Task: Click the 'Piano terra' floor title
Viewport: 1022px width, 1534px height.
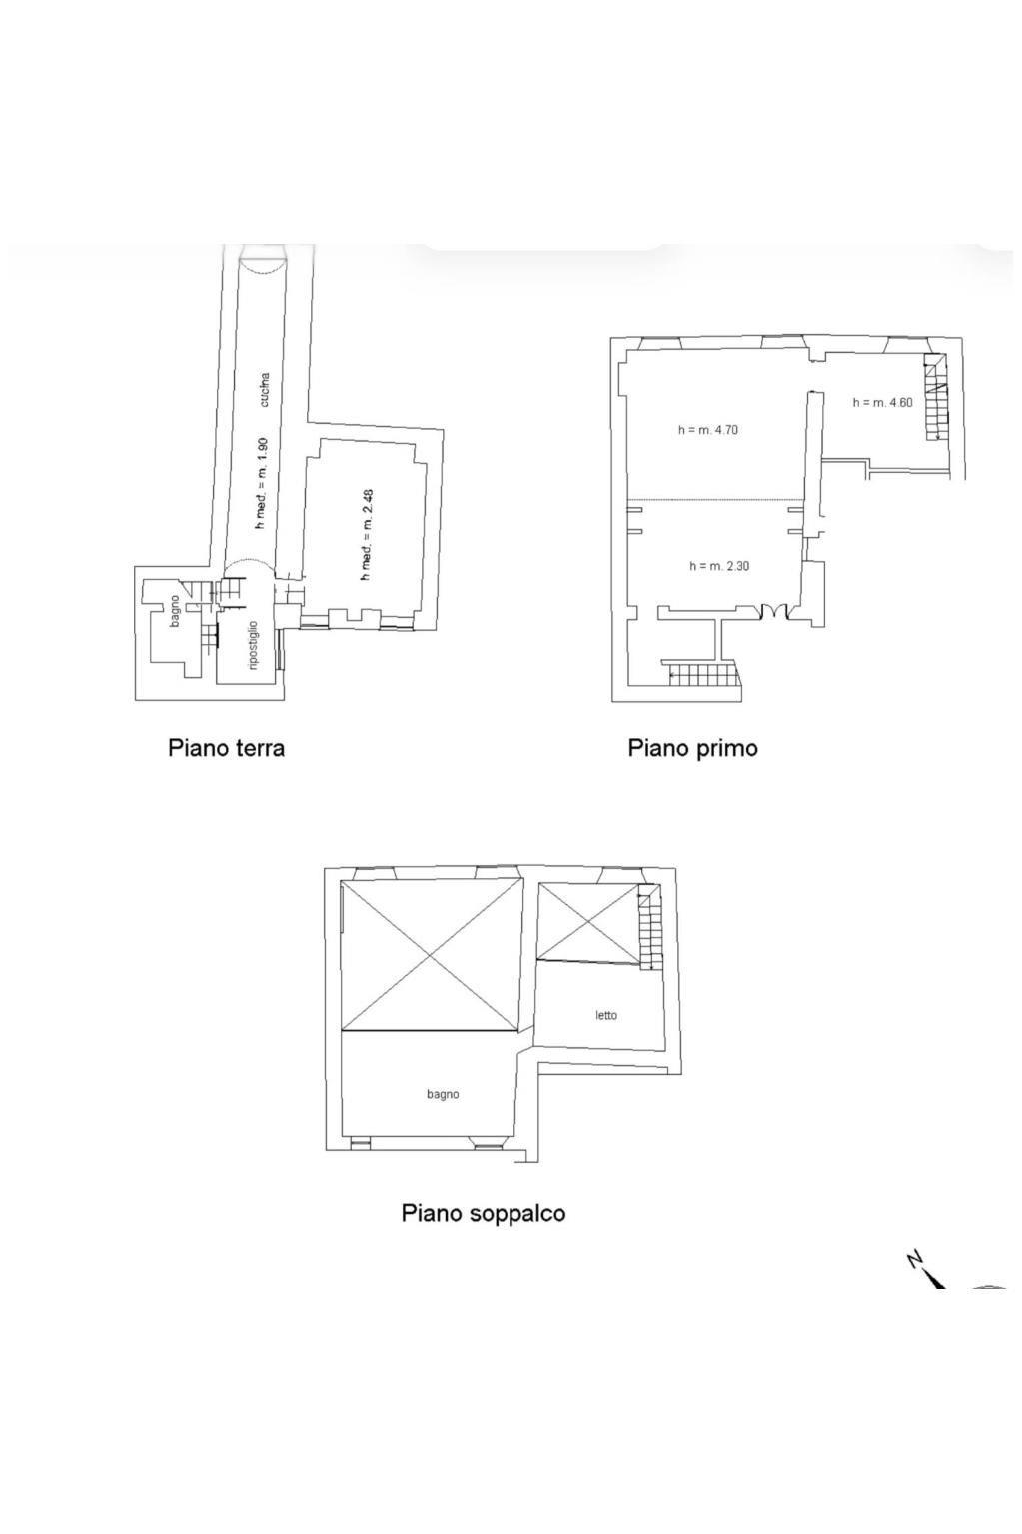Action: [x=226, y=748]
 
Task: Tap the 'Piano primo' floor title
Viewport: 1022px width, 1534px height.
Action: [x=692, y=748]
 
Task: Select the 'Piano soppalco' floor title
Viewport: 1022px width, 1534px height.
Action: [x=483, y=1213]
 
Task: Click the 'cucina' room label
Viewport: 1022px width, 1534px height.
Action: [x=265, y=390]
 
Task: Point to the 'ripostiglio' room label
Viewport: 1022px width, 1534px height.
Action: [x=253, y=646]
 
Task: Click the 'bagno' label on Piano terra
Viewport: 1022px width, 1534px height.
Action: [x=175, y=611]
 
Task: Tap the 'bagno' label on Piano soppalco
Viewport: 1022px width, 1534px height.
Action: [x=443, y=1094]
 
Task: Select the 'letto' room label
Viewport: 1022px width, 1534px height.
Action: [x=606, y=1015]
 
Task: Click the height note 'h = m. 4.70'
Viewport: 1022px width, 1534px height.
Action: [x=707, y=430]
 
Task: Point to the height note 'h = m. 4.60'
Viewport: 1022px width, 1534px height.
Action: [x=882, y=403]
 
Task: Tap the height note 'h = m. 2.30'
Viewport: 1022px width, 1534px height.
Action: [x=719, y=566]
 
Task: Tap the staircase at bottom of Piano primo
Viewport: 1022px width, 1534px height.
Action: [x=703, y=675]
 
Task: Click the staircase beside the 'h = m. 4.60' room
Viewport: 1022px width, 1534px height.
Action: [x=934, y=398]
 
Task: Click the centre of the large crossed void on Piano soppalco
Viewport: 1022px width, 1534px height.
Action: [x=431, y=955]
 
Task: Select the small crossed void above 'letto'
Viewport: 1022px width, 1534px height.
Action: [x=585, y=921]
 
